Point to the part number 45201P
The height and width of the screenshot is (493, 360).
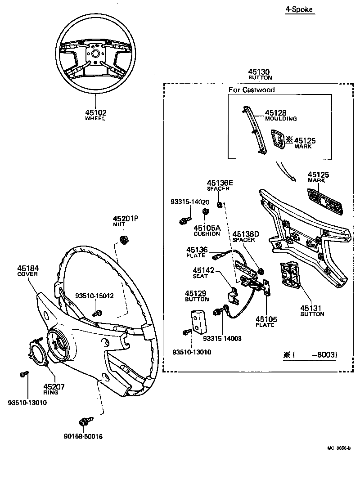click(x=125, y=218)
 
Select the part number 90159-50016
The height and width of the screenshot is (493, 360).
click(x=84, y=436)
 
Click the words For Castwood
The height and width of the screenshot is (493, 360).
click(x=251, y=90)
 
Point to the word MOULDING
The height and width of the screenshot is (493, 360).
click(x=280, y=119)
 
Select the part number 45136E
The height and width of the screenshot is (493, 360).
click(x=220, y=183)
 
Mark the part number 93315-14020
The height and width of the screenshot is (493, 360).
click(x=189, y=202)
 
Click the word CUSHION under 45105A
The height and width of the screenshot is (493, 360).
click(x=207, y=234)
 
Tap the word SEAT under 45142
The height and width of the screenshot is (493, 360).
click(x=200, y=276)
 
